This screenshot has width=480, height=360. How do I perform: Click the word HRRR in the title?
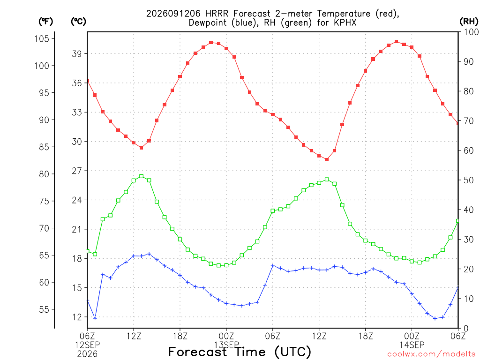[217, 14]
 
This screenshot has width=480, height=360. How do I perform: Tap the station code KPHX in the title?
[345, 23]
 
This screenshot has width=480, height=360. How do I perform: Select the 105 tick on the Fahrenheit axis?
[42, 38]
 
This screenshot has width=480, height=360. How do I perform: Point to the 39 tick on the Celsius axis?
[77, 54]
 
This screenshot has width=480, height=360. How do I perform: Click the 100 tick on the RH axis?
[472, 32]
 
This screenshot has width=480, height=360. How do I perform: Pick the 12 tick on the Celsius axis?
[77, 317]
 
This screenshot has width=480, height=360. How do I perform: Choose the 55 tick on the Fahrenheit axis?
[44, 309]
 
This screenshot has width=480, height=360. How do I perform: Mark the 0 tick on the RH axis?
[466, 329]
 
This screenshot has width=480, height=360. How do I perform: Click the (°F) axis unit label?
[45, 22]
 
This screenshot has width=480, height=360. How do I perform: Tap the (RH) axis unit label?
[469, 22]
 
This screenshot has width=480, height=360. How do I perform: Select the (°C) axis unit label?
[78, 22]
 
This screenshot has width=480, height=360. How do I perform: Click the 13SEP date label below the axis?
[226, 345]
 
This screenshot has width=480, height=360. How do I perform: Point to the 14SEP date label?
[412, 345]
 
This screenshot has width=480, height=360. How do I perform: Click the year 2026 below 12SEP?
[87, 354]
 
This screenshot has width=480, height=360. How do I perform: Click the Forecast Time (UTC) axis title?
[240, 352]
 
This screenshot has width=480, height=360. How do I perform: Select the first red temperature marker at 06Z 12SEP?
[88, 81]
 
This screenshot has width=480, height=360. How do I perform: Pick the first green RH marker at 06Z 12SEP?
[88, 251]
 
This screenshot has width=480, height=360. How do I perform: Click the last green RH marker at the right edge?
[457, 221]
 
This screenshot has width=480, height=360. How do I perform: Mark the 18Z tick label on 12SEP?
[180, 336]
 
